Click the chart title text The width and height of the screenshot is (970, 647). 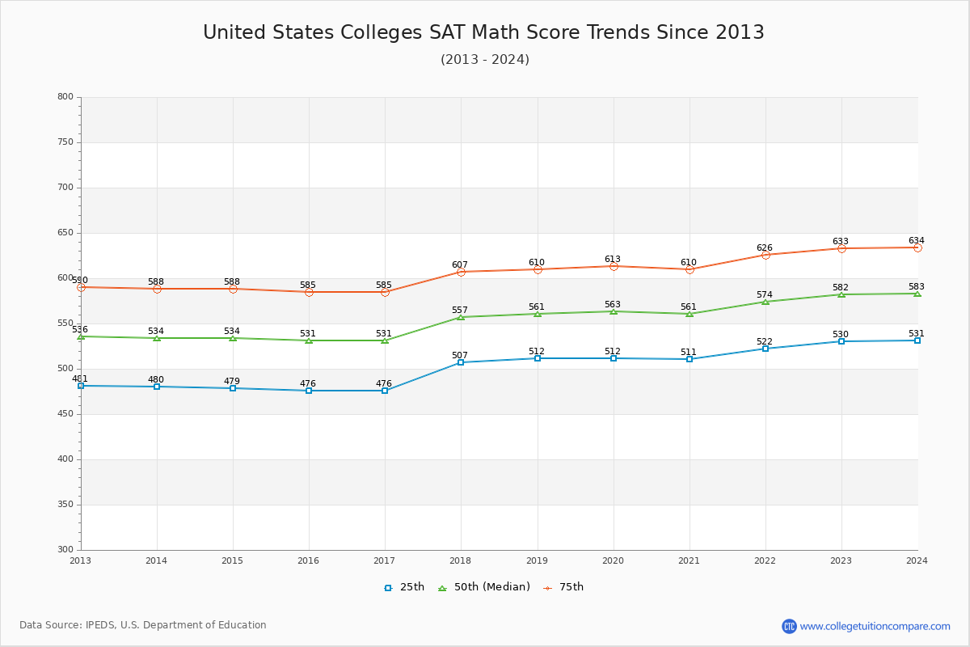[483, 32]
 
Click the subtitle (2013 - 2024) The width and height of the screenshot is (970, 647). [485, 60]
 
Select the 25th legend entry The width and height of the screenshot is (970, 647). [403, 587]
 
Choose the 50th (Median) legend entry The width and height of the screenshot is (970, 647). [483, 587]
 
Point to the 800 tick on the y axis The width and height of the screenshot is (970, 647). [65, 97]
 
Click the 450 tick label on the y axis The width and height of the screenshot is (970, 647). [65, 414]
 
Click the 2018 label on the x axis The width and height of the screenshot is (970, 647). [461, 560]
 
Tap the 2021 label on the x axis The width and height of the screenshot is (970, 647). [689, 560]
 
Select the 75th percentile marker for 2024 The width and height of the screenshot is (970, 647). [917, 247]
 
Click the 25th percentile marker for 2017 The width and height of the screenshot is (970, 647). [385, 391]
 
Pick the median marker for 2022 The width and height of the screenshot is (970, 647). [765, 302]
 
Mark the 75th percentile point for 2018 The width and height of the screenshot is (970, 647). [461, 272]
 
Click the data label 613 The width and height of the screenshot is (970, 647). [613, 260]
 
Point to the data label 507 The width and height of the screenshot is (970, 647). [460, 355]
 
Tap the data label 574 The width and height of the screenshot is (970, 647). [765, 294]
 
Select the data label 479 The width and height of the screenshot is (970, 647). [232, 381]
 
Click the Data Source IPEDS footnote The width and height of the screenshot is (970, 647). [143, 625]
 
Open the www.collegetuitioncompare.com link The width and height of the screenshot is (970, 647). [875, 626]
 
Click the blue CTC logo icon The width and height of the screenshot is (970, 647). [789, 626]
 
